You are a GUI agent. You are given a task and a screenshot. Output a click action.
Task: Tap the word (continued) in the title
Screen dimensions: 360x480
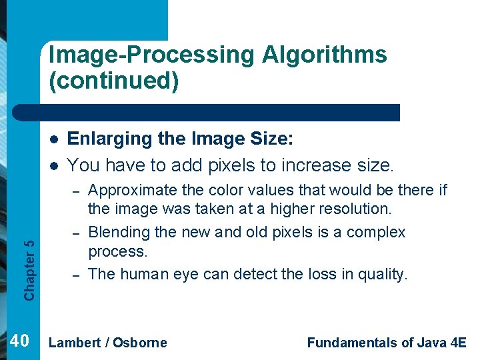click(113, 81)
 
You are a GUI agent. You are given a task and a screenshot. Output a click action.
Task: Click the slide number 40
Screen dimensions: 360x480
click(19, 341)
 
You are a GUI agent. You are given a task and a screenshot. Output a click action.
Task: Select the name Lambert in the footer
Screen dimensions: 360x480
click(75, 343)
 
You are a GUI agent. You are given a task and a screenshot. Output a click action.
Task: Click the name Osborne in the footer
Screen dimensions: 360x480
click(140, 343)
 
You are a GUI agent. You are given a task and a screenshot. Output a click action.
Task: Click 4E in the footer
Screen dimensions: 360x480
click(459, 343)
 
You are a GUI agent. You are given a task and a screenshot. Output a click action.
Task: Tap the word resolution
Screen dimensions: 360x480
click(358, 209)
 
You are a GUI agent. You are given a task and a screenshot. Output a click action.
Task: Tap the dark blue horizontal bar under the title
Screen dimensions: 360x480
click(220, 112)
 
